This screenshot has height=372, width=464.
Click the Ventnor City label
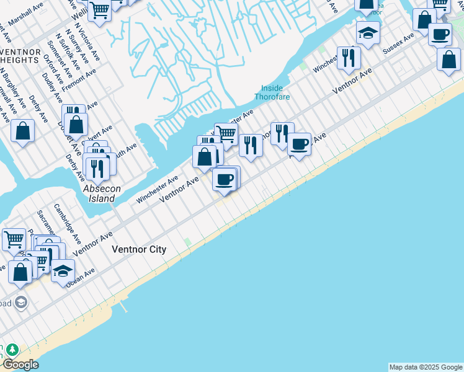(x=139, y=249)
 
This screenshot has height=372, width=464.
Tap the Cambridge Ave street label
(x=67, y=224)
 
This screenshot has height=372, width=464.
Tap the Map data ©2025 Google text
(x=426, y=367)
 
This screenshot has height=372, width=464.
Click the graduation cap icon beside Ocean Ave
(x=63, y=270)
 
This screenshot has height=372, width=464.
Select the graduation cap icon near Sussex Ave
(x=368, y=32)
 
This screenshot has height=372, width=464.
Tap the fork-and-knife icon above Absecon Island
(x=96, y=168)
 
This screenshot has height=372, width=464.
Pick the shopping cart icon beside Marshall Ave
(x=99, y=10)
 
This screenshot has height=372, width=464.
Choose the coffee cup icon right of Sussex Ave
(x=440, y=34)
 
